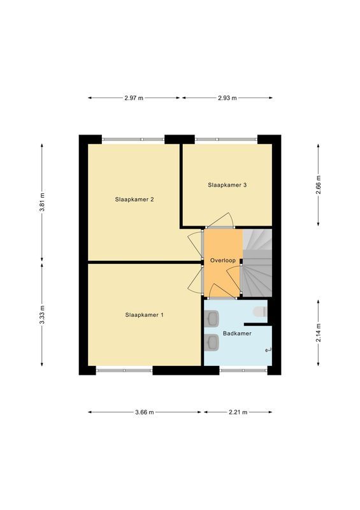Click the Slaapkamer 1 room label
point(145,315)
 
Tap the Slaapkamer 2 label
point(134,200)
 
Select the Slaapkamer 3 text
point(227,185)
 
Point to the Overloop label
point(223,261)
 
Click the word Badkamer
point(236,334)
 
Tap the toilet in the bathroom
point(259,312)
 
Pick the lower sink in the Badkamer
point(212,342)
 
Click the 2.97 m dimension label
point(134,98)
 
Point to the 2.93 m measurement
point(227,98)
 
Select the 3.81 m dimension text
point(43,203)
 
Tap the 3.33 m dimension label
point(43,315)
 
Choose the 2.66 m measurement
point(319,185)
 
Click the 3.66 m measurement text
point(145,412)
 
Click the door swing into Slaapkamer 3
point(221,221)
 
